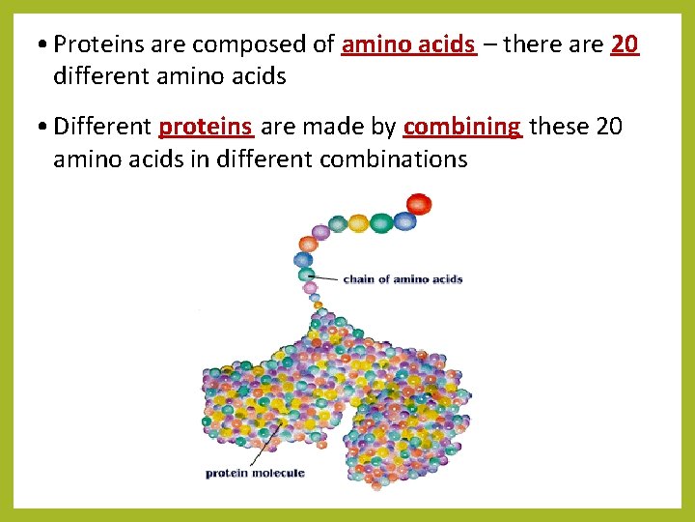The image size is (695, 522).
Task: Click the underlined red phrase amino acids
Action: pyautogui.click(x=408, y=44)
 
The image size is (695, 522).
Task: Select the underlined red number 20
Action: pyautogui.click(x=625, y=44)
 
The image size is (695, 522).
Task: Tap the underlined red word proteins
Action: pyautogui.click(x=206, y=127)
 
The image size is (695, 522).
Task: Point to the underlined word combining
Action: pyautogui.click(x=462, y=127)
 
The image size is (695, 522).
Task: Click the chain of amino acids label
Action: pyautogui.click(x=403, y=279)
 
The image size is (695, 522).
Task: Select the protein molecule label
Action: pyautogui.click(x=256, y=473)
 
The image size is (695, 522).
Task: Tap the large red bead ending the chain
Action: pyautogui.click(x=419, y=204)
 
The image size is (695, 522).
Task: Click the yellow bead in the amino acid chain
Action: pyautogui.click(x=359, y=223)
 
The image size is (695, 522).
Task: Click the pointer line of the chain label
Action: pyautogui.click(x=328, y=278)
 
